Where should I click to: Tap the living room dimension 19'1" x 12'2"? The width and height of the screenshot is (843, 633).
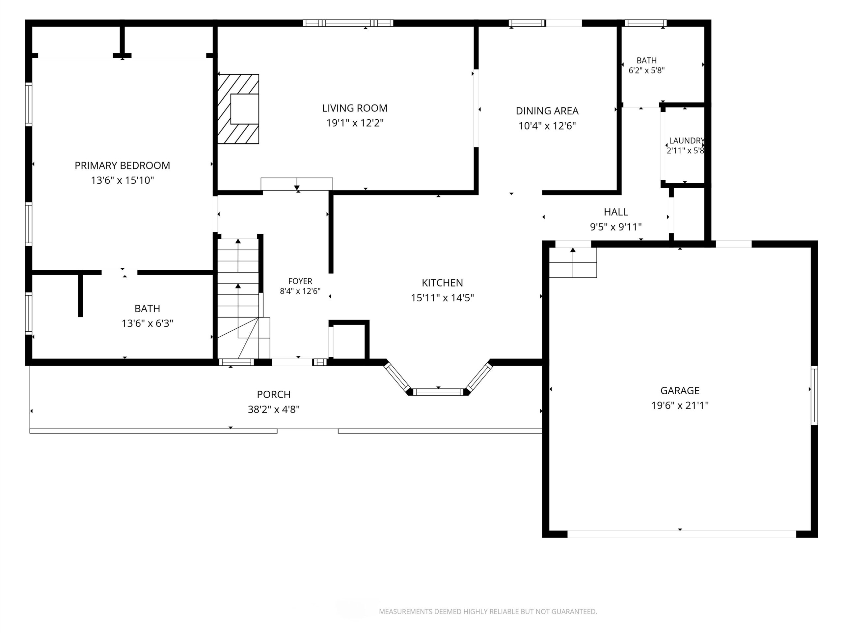(x=355, y=123)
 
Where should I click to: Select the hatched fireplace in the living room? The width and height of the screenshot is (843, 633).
(x=238, y=109)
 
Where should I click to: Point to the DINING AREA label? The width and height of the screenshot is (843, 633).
(x=547, y=111)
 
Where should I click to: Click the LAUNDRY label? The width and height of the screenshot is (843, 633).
(x=686, y=141)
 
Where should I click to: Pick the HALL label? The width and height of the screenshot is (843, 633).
(x=616, y=212)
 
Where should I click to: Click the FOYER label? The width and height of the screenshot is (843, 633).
(x=300, y=281)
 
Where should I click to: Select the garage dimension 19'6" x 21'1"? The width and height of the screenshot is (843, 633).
(x=680, y=405)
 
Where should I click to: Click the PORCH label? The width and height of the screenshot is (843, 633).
(x=274, y=395)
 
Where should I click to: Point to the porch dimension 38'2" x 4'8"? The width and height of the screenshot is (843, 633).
(x=274, y=409)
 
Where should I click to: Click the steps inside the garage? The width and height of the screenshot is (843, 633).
(x=573, y=262)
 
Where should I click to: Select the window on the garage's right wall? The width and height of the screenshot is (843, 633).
(x=814, y=395)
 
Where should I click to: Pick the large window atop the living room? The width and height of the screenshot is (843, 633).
(x=348, y=23)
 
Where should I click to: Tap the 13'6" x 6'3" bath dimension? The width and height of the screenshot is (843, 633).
(x=148, y=323)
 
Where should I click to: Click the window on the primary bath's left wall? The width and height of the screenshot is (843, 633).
(x=29, y=313)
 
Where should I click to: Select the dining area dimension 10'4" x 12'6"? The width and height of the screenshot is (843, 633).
(x=547, y=126)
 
